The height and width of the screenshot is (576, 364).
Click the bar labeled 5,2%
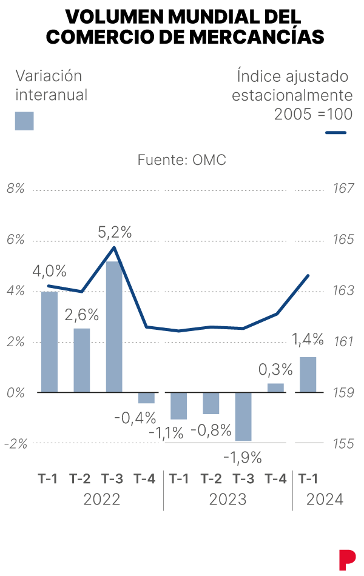click(114, 326)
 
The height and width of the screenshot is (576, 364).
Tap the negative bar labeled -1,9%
click(243, 417)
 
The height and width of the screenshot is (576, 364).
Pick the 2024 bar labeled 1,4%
click(308, 374)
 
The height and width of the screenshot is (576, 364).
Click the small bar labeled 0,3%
click(275, 387)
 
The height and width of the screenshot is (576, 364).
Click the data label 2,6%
click(82, 315)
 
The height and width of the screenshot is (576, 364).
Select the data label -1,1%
click(166, 432)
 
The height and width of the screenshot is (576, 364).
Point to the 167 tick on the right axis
click(343, 189)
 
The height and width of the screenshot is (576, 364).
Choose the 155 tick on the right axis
click(343, 443)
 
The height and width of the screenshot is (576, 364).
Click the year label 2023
click(227, 500)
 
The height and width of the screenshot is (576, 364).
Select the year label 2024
click(325, 500)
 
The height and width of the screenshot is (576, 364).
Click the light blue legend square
click(24, 121)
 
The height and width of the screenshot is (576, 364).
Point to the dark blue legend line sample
click(335, 132)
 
